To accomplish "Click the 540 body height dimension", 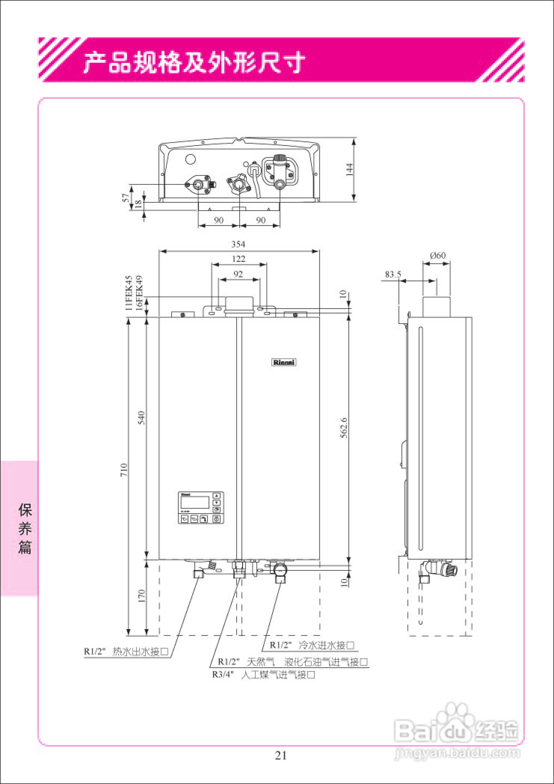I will [x=141, y=418].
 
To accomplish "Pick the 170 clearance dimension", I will [x=141, y=595].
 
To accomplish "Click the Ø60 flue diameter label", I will [x=438, y=255].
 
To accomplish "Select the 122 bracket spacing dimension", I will [x=239, y=259].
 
